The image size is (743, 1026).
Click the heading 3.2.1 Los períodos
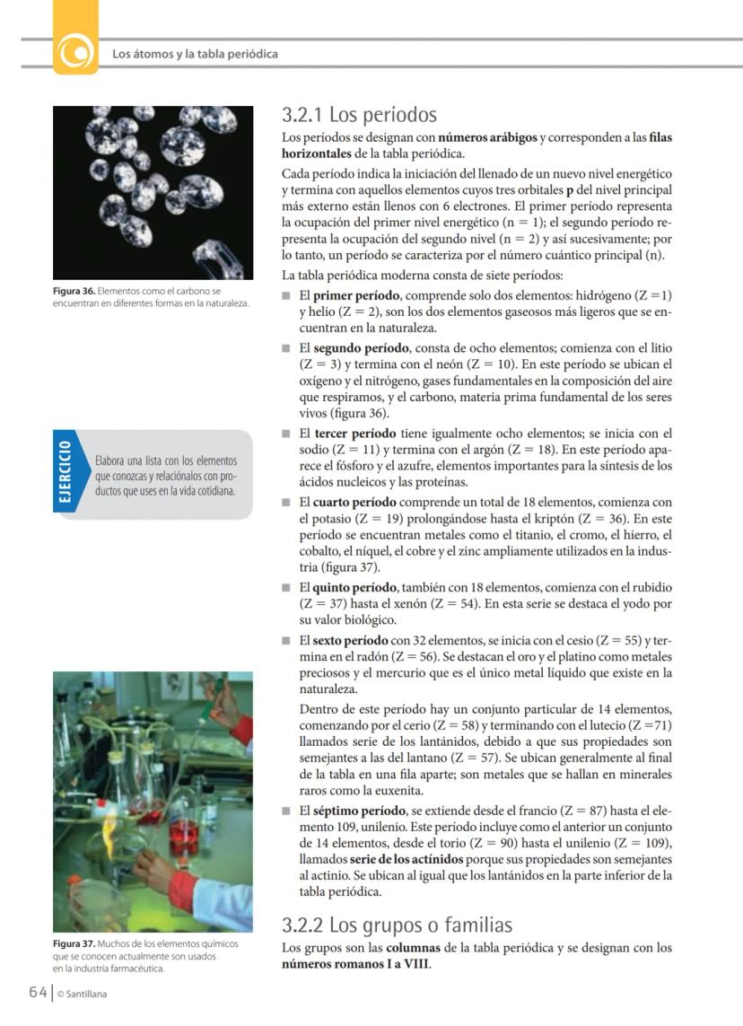coord(359,116)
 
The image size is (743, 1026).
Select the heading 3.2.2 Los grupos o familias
coord(398,925)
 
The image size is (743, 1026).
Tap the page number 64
coord(37,993)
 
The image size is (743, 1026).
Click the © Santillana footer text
coord(82,994)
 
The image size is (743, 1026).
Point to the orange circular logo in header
coord(75,53)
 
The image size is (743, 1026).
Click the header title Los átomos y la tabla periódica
coord(195,54)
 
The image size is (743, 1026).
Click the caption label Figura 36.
coord(74,292)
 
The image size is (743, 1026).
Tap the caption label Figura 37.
coord(74,944)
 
